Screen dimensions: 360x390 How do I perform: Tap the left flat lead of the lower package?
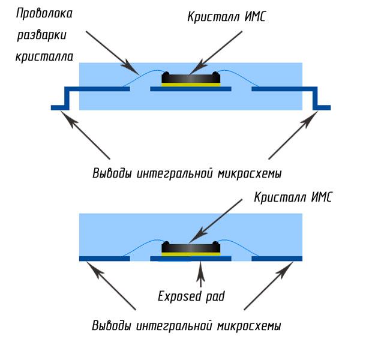click(105, 259)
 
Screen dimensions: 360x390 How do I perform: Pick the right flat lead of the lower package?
click(277, 259)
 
